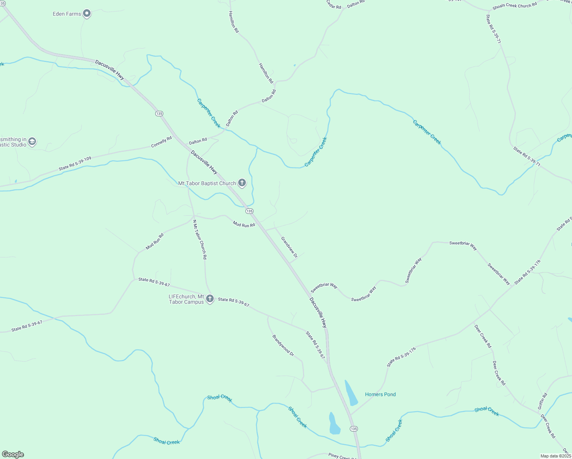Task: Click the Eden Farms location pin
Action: tap(87, 14)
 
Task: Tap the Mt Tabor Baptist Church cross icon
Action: tap(242, 183)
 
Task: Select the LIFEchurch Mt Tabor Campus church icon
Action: tap(210, 298)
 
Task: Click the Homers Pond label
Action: tap(380, 394)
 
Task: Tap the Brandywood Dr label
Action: tap(283, 346)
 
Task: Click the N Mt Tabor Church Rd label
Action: tap(199, 239)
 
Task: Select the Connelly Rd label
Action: tap(161, 143)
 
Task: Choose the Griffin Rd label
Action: tap(543, 401)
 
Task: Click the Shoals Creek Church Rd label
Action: tap(515, 6)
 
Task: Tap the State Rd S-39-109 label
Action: tap(75, 164)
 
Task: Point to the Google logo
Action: tap(13, 454)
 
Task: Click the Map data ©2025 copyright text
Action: tap(556, 456)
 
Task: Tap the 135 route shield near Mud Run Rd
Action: tap(249, 211)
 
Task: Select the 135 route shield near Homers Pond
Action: tap(354, 429)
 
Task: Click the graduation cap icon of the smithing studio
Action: tap(32, 142)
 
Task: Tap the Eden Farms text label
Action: tap(67, 14)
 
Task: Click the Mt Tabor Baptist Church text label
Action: tap(207, 183)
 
